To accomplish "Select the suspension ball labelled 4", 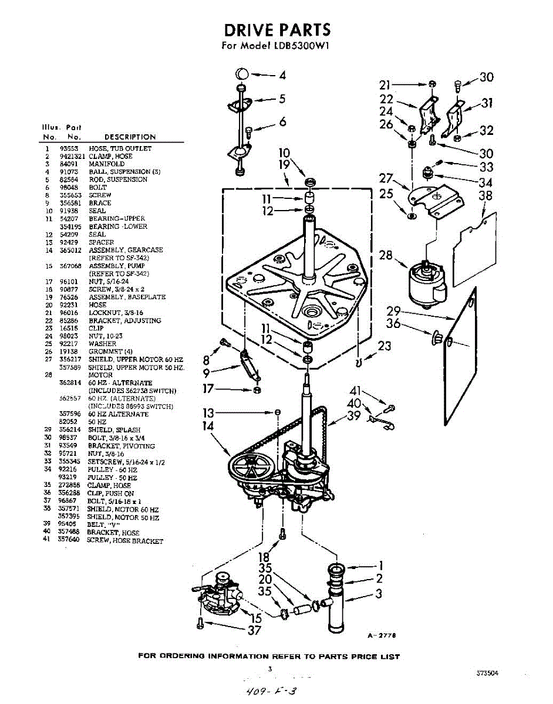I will point(243,75).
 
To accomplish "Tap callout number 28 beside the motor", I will point(386,256).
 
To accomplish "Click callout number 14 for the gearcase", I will point(208,427).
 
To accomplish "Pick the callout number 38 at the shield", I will point(485,195).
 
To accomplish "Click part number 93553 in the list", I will point(69,148).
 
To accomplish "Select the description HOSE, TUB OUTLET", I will point(120,148).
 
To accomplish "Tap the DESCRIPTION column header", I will point(130,137).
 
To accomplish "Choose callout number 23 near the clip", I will point(385,346).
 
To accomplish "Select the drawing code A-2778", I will point(380,635).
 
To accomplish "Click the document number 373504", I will point(488,674).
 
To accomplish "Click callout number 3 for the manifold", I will point(379,594).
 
